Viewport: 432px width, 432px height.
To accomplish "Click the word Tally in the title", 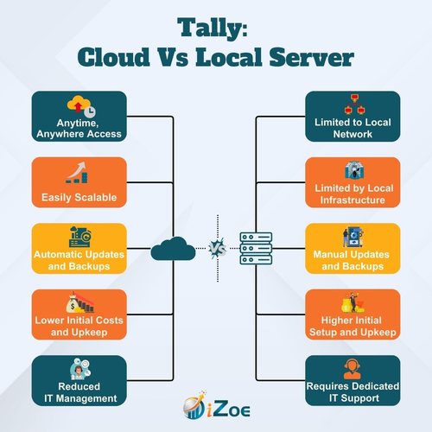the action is (209, 28).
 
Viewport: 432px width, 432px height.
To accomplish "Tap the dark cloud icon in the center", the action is (173, 249).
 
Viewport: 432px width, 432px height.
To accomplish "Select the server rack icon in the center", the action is (256, 248).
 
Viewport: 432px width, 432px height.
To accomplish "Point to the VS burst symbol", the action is (218, 248).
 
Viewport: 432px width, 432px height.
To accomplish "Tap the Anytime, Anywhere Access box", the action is (79, 117).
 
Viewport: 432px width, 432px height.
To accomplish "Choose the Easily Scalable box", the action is (79, 182).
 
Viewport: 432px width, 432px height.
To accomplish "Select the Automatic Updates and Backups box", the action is (79, 248).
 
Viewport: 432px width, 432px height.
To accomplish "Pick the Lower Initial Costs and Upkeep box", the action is (79, 314).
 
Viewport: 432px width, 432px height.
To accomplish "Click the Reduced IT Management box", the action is (79, 380).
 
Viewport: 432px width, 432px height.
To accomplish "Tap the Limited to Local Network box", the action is (353, 117).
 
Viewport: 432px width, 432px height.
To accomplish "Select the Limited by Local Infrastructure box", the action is (353, 182).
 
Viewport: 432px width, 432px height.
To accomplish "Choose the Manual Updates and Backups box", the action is (353, 248).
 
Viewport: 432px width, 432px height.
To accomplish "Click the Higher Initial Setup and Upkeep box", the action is (353, 314).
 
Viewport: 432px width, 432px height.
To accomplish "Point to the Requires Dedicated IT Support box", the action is (353, 380).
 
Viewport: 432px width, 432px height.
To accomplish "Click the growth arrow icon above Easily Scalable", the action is (77, 173).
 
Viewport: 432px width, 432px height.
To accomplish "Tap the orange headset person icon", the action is (353, 369).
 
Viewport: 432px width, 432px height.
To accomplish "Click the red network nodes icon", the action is (354, 104).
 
